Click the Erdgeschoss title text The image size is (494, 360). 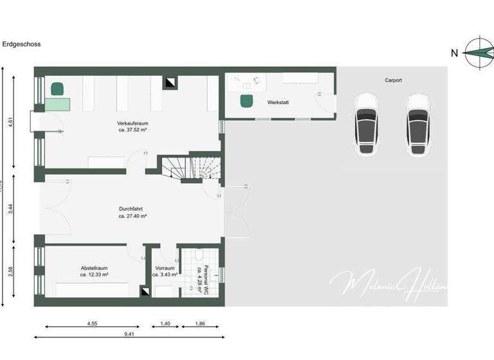coord(23,45)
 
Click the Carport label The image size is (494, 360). coord(394,80)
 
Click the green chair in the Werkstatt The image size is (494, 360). coord(246,101)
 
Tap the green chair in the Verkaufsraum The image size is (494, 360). coord(58,88)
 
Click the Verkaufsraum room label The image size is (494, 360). coord(132,122)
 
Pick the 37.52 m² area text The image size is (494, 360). coord(132,129)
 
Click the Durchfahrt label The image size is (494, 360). coord(131,209)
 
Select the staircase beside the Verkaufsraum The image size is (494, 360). coord(191,168)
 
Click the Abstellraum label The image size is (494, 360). coord(94,268)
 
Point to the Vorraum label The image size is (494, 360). coord(165,268)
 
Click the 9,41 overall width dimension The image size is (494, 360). coord(129,334)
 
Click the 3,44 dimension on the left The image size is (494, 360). coord(11,208)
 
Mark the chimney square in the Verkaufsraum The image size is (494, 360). coord(170,83)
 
